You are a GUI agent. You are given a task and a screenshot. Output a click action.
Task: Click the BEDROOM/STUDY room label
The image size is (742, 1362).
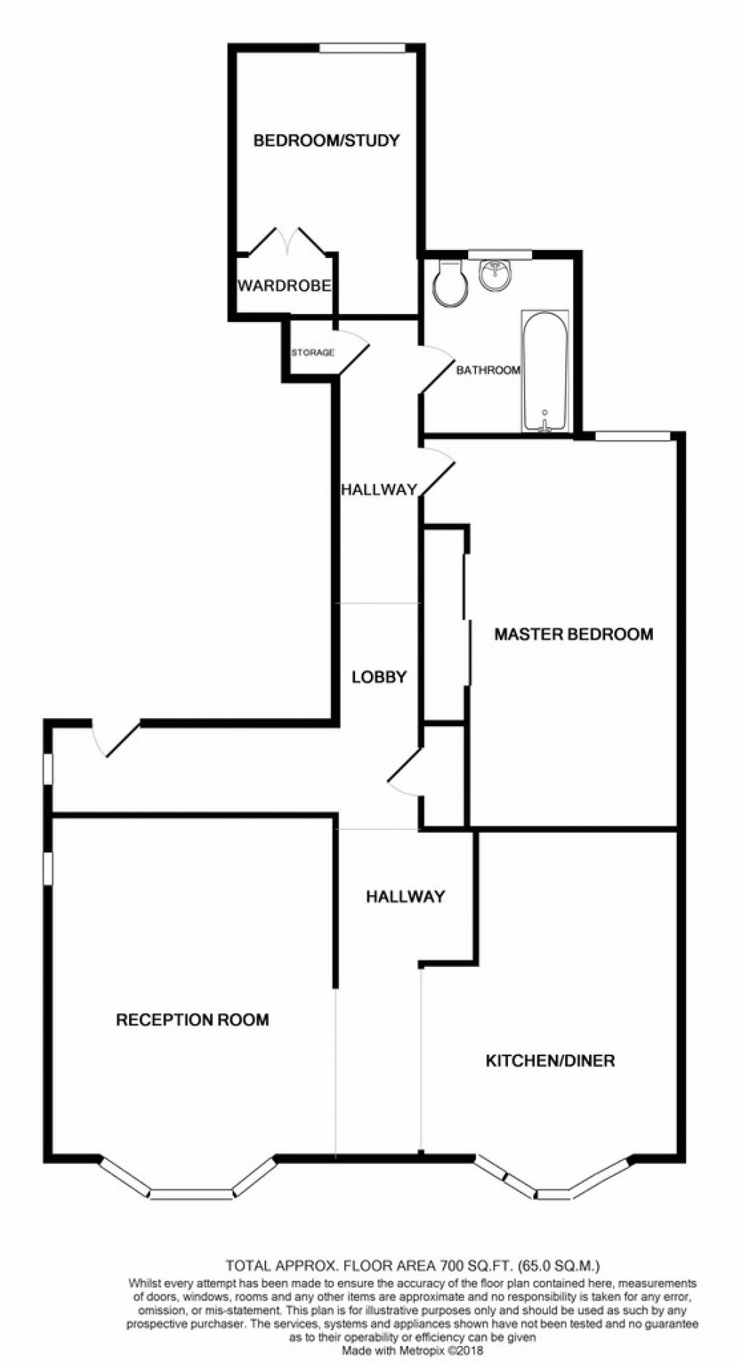click(x=326, y=141)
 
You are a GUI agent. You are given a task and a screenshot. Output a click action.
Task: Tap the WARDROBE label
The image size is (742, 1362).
click(x=284, y=286)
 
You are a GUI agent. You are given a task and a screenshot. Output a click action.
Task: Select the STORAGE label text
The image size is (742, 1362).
click(x=312, y=353)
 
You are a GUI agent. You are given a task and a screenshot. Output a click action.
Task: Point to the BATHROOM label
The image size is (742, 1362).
click(x=488, y=370)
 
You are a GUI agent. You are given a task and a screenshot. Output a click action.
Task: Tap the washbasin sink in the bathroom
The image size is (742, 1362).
click(x=496, y=275)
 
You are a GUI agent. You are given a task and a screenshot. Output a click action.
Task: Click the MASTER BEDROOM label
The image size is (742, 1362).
click(x=573, y=634)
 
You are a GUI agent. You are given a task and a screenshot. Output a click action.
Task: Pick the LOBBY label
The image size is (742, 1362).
click(x=379, y=677)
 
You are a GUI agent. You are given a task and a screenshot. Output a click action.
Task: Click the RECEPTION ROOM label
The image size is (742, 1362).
click(x=193, y=1020)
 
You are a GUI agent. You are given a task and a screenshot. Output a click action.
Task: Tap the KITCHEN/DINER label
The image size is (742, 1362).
click(x=549, y=1061)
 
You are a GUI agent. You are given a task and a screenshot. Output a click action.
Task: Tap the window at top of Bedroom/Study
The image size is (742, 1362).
click(x=362, y=49)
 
